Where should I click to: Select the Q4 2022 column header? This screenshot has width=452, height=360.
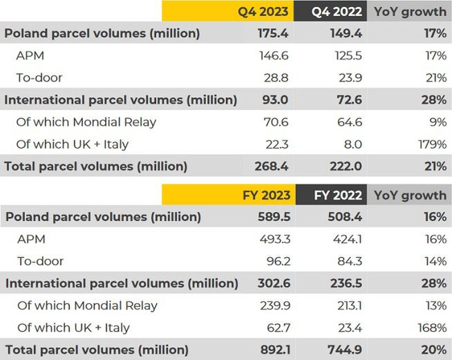(x=337, y=11)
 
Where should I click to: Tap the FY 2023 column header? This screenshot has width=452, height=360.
(x=266, y=195)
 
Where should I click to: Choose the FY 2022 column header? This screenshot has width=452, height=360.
(x=338, y=195)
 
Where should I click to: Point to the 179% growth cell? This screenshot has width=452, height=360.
(x=431, y=144)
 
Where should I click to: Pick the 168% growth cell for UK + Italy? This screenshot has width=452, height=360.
(x=431, y=328)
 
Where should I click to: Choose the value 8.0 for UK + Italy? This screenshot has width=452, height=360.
(x=352, y=144)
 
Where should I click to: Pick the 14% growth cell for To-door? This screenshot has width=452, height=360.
(x=435, y=261)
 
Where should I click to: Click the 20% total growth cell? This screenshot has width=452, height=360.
(x=433, y=350)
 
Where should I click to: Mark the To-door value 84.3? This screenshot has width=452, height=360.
(x=349, y=261)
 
